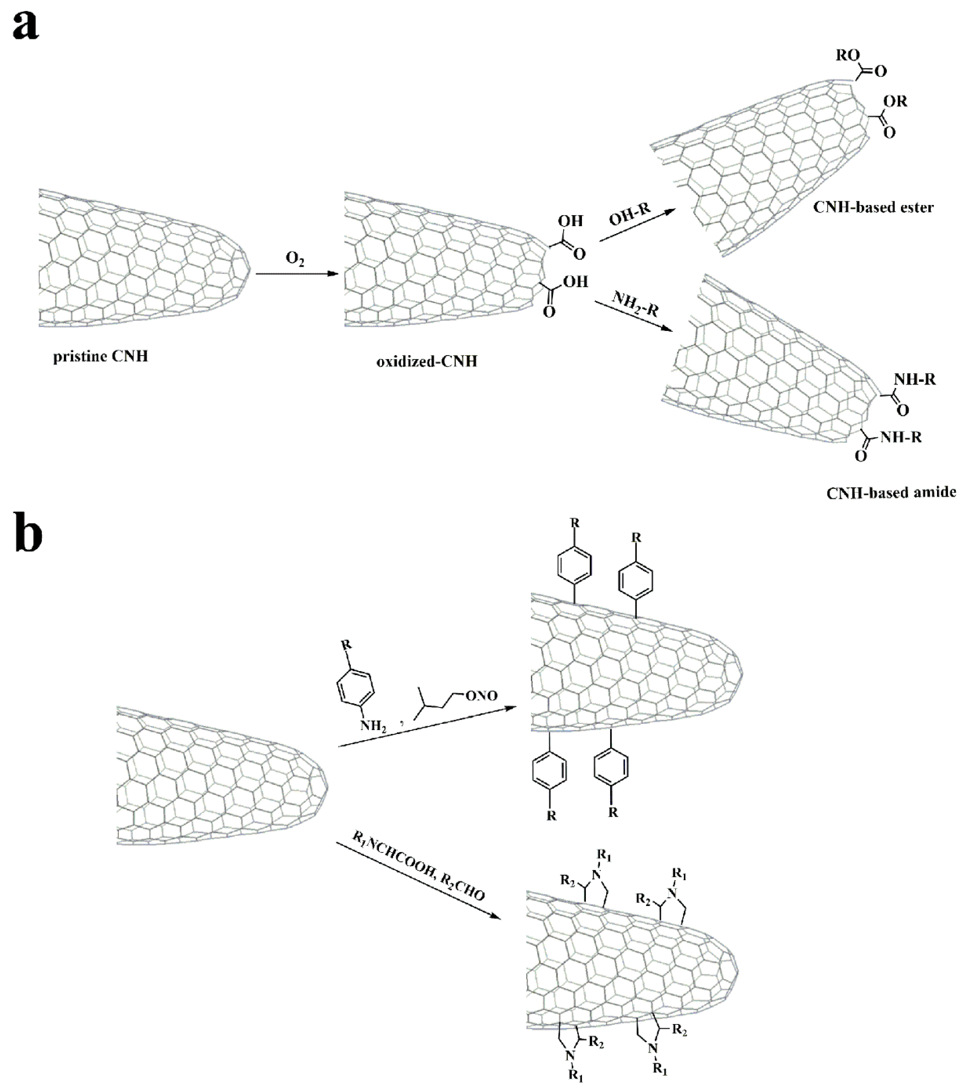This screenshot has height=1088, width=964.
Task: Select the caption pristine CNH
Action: tap(100, 356)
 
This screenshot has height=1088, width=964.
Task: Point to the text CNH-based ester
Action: tap(873, 207)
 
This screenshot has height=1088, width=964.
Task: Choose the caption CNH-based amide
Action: tap(891, 492)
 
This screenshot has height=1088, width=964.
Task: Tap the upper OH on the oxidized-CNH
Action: tap(570, 220)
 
